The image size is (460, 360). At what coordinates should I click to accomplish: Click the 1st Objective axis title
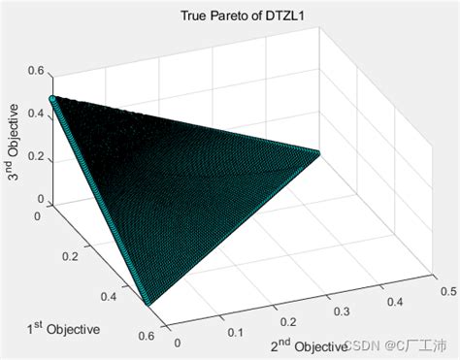[x=62, y=329]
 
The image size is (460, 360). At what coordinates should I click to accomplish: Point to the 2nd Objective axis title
[x=308, y=345]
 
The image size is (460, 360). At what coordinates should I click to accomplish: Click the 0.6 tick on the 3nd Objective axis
[x=35, y=69]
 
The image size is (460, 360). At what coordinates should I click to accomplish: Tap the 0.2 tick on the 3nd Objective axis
[x=35, y=155]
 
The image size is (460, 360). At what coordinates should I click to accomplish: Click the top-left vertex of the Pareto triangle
[x=52, y=99]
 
